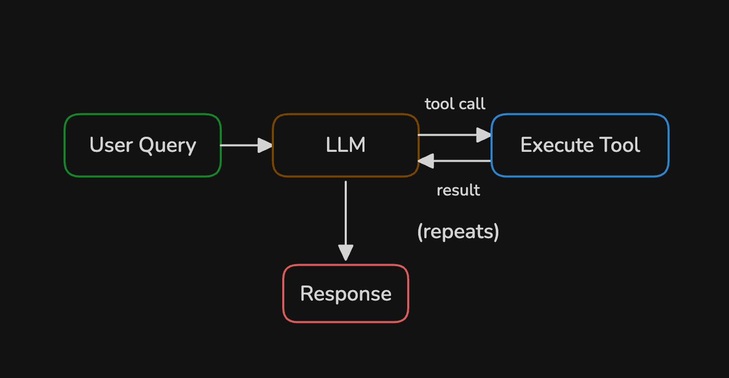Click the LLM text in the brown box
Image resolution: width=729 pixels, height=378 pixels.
click(346, 145)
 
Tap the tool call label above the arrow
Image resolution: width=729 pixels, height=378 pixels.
click(455, 104)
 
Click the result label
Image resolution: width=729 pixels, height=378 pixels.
click(458, 190)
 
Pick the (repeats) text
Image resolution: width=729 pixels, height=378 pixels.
click(458, 232)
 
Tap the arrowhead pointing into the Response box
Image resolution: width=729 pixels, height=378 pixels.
click(346, 253)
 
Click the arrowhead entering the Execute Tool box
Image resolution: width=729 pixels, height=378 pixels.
click(484, 135)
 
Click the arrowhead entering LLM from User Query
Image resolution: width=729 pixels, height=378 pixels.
click(265, 146)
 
